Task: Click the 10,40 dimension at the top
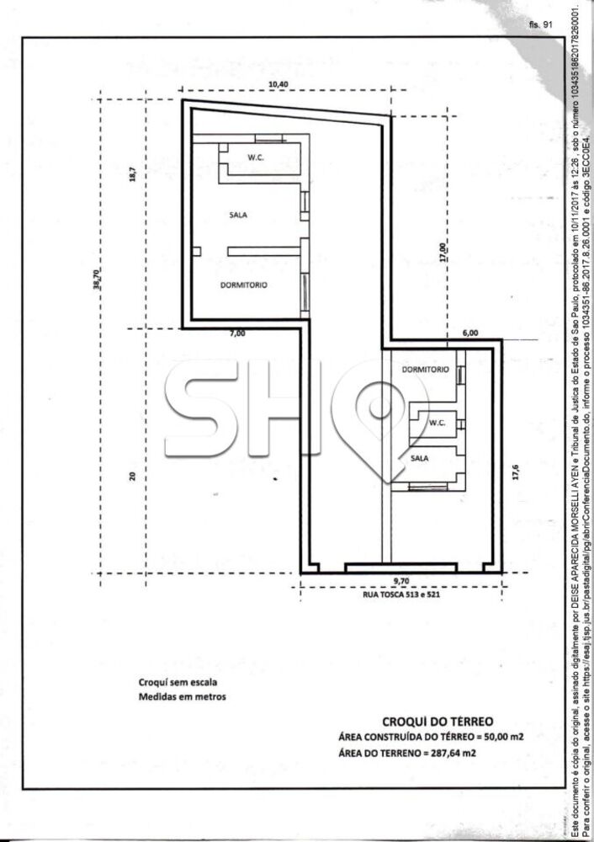pos(278,83)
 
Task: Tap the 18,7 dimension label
pos(133,174)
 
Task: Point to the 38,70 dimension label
pos(97,279)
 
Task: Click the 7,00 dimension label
pos(238,333)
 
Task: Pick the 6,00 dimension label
pos(469,333)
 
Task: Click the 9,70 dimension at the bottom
pos(400,581)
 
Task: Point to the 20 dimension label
pos(133,476)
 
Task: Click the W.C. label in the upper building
pos(256,157)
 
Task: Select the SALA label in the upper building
pos(238,215)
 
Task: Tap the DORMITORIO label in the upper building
pos(244,285)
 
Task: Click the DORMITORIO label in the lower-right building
pos(425,370)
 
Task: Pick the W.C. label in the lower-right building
pos(438,423)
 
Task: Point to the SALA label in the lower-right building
pos(420,458)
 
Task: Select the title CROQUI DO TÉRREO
pos(438,722)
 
